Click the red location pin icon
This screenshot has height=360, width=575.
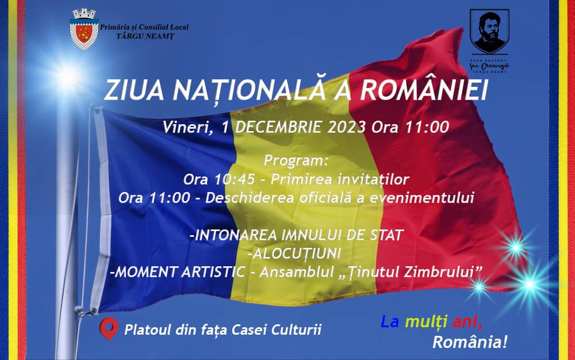pos(109,328)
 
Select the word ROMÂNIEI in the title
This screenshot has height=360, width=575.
pos(424,90)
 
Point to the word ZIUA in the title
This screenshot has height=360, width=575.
pos(134,90)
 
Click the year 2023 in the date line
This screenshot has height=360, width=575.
pos(347,127)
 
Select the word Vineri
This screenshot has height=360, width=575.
pos(187,128)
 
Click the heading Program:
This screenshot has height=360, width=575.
pos(296,160)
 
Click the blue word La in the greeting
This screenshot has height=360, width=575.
pos(390,321)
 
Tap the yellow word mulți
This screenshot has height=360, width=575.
pos(426,322)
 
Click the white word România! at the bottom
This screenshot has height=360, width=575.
pos(470,342)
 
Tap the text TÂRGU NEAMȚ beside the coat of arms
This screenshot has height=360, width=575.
pos(145,36)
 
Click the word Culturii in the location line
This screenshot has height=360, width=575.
pos(296,329)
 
